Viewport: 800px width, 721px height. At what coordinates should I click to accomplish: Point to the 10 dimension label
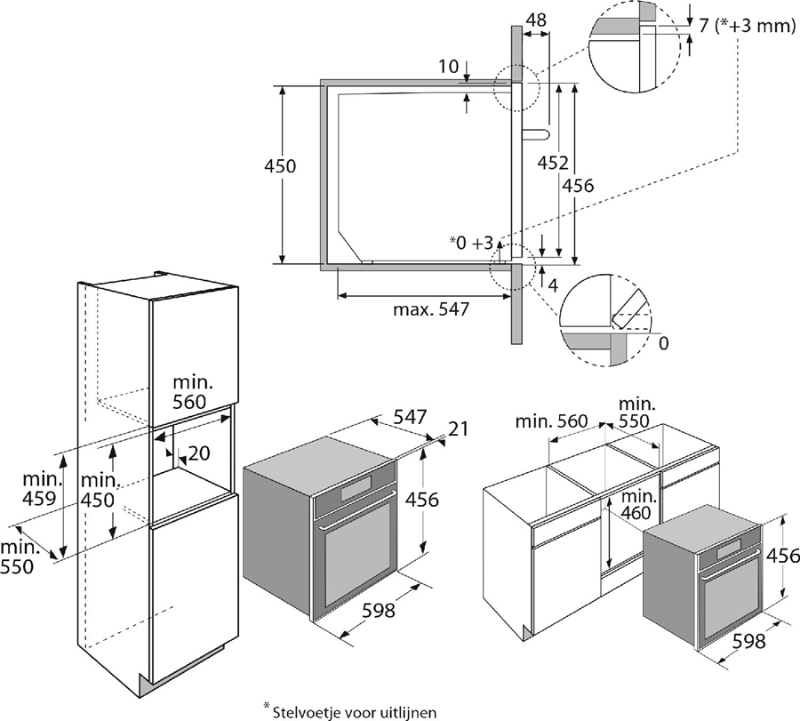point(449,66)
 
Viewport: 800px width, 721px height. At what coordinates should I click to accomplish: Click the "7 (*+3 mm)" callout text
point(746,26)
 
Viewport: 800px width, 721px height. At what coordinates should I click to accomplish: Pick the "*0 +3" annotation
point(470,242)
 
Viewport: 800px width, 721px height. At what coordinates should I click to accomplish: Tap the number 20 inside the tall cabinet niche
point(198,453)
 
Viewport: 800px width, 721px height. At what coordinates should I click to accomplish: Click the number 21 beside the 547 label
point(458,429)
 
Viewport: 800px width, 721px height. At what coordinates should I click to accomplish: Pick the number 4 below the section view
point(552,285)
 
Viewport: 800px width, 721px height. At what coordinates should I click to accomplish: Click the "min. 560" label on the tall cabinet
point(191,391)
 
